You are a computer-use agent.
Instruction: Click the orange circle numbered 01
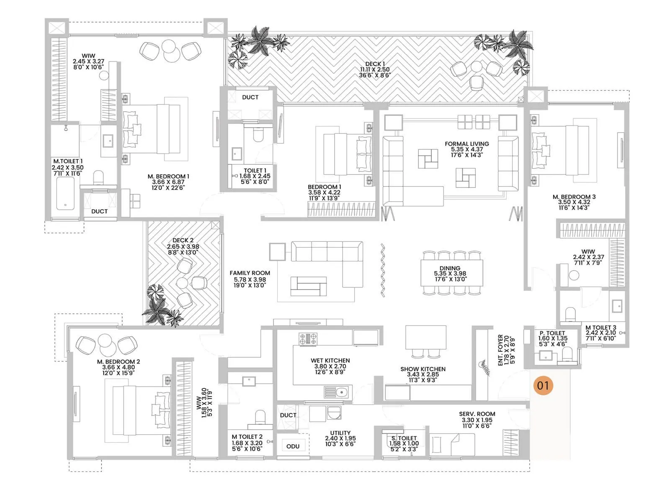pos(543,385)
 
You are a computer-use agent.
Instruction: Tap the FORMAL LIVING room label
pos(467,144)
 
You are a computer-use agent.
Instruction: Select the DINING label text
pos(450,268)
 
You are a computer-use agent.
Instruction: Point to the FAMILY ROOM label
pos(250,273)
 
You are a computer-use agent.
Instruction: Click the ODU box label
pos(293,446)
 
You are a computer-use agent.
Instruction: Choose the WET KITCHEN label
pos(330,360)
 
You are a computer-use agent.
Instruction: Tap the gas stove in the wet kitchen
pos(308,338)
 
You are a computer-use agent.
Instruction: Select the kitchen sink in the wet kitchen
pos(338,392)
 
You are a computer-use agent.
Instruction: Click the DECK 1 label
pos(375,64)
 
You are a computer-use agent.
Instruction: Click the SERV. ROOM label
pos(477,414)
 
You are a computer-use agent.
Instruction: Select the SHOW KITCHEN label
pos(423,369)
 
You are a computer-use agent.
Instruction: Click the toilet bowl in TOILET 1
pos(258,135)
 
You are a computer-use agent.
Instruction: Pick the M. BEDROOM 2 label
pos(119,361)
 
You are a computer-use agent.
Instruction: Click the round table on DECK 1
pos(477,67)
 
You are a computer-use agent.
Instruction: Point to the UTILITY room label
pos(340,433)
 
